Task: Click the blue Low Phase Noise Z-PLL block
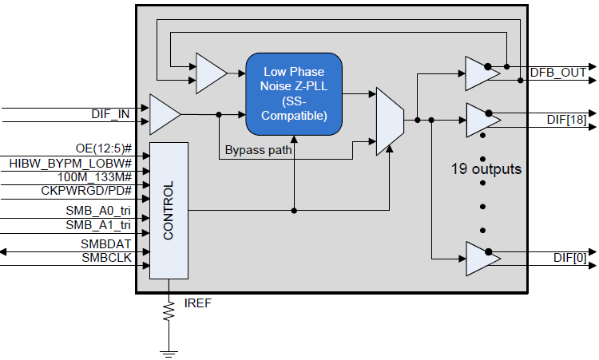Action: [293, 94]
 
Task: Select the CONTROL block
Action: [169, 211]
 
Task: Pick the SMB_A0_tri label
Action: [99, 210]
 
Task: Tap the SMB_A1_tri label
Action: [99, 225]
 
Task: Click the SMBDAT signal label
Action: [106, 243]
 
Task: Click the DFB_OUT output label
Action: [558, 73]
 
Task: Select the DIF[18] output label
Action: [566, 120]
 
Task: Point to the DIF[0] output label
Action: [569, 257]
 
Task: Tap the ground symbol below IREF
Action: [169, 349]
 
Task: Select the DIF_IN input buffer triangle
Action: [164, 114]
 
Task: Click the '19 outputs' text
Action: [487, 169]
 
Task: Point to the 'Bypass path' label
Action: [258, 149]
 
